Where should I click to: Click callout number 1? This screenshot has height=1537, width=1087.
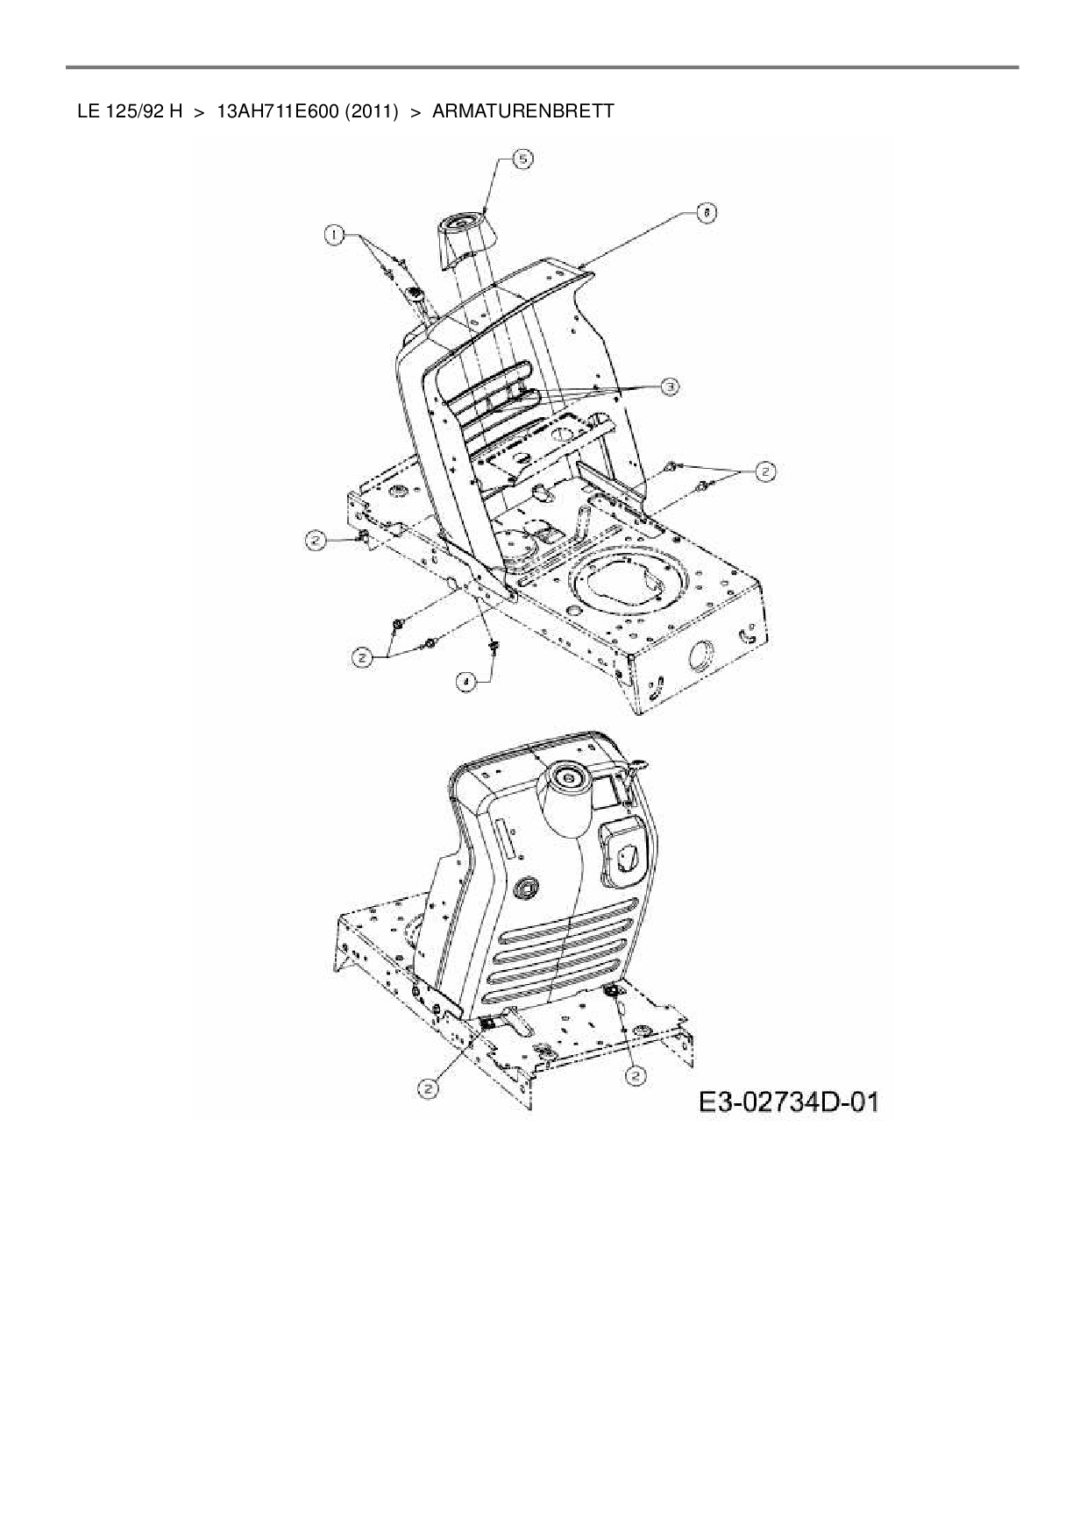click(332, 234)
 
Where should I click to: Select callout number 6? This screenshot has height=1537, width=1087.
click(705, 212)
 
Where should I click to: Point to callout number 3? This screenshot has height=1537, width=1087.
click(668, 386)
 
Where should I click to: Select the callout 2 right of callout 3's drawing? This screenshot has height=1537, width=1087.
click(765, 471)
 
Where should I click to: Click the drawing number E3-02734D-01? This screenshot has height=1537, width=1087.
click(788, 1101)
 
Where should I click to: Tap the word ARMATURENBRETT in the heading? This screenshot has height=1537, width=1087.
click(523, 111)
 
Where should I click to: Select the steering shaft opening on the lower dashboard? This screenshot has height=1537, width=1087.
click(565, 777)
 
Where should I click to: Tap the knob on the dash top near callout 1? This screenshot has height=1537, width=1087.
click(415, 293)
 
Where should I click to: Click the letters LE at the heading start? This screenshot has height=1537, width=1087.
click(88, 111)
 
